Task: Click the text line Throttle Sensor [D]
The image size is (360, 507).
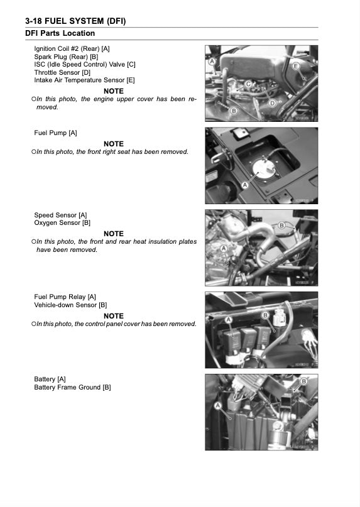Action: point(62,72)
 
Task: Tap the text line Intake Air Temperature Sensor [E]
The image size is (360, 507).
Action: point(84,80)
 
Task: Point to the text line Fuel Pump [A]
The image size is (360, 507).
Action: point(55,133)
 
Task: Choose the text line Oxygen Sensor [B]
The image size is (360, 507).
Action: point(62,223)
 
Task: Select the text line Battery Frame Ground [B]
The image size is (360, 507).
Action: point(72,388)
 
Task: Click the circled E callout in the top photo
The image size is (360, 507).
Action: point(295,67)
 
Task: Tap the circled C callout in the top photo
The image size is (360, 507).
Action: point(249,84)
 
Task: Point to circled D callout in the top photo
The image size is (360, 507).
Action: point(272,103)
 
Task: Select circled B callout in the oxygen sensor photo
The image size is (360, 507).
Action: point(282,225)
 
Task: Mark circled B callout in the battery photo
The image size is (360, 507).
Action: point(303,381)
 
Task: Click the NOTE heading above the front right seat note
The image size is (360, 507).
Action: point(114,144)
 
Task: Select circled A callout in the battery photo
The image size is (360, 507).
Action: point(218,406)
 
